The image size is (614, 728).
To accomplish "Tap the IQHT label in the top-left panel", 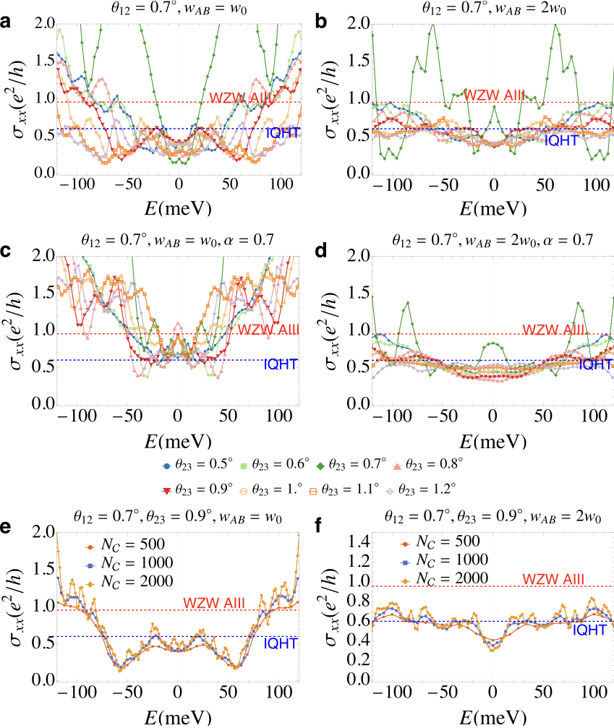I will pyautogui.click(x=282, y=133).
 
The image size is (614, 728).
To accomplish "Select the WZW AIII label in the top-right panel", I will pyautogui.click(x=494, y=95).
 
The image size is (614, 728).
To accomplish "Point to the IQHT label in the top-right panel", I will pyautogui.click(x=561, y=141).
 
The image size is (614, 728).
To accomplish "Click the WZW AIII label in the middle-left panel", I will pyautogui.click(x=268, y=330).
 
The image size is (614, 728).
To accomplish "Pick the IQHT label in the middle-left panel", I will pyautogui.click(x=281, y=364).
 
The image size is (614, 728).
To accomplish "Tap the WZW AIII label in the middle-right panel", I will pyautogui.click(x=553, y=330).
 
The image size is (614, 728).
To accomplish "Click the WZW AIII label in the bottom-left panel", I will pyautogui.click(x=214, y=603).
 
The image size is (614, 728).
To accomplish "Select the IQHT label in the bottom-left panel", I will pyautogui.click(x=281, y=643).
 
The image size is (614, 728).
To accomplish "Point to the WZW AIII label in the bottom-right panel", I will pyautogui.click(x=553, y=580).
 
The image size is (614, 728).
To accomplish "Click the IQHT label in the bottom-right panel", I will pyautogui.click(x=589, y=630).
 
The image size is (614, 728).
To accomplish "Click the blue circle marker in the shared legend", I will pyautogui.click(x=167, y=466).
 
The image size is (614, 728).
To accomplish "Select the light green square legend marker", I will pyautogui.click(x=244, y=466).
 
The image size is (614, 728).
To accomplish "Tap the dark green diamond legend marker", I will pyautogui.click(x=320, y=466).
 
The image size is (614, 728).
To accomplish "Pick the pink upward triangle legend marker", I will pyautogui.click(x=396, y=466).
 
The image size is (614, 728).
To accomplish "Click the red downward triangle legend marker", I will pyautogui.click(x=167, y=492).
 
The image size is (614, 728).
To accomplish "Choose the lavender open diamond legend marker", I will pyautogui.click(x=390, y=492).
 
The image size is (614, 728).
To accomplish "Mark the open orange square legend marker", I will pyautogui.click(x=313, y=492).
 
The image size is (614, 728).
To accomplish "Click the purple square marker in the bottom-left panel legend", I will pyautogui.click(x=90, y=565).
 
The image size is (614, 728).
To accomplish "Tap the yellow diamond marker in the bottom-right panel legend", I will pyautogui.click(x=405, y=581).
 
